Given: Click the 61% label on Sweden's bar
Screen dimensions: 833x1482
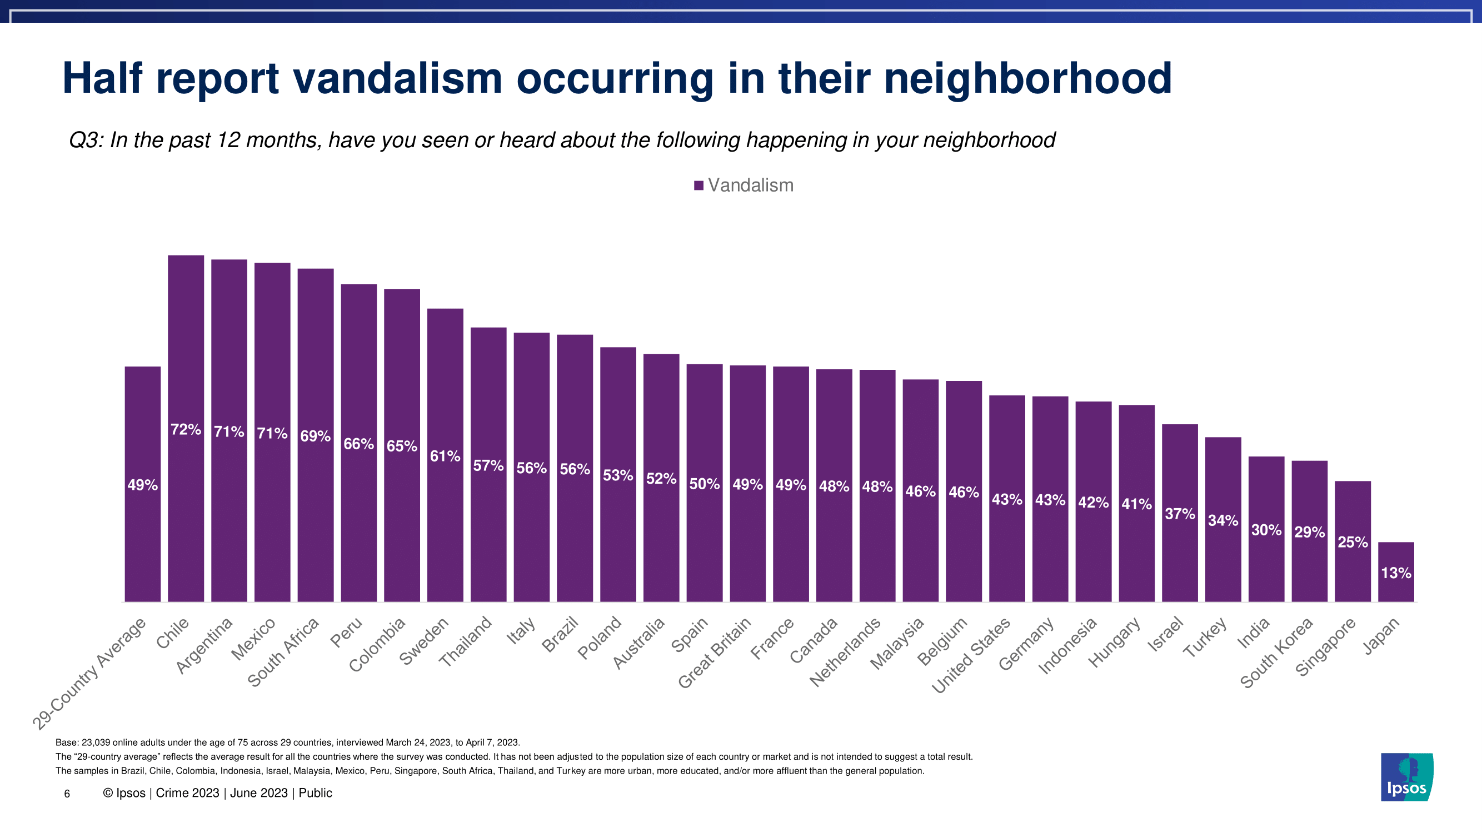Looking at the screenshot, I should pyautogui.click(x=445, y=456).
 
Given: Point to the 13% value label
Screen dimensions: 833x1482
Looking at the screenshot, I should pyautogui.click(x=1396, y=573).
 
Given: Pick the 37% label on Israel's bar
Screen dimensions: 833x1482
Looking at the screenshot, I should pyautogui.click(x=1179, y=514).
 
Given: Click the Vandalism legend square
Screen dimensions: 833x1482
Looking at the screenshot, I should pyautogui.click(x=698, y=185).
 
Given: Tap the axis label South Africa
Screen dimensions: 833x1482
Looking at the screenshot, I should pyautogui.click(x=283, y=652).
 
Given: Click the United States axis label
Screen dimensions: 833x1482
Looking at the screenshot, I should pyautogui.click(x=971, y=655).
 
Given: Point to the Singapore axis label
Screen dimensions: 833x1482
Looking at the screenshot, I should pyautogui.click(x=1325, y=647).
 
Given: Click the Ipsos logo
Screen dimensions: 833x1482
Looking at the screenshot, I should pyautogui.click(x=1406, y=777).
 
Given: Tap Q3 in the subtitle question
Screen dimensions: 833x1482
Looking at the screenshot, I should pyautogui.click(x=86, y=140).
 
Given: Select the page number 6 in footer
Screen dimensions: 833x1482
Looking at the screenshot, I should pyautogui.click(x=67, y=794).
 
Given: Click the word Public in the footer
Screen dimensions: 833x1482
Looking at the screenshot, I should pyautogui.click(x=315, y=794).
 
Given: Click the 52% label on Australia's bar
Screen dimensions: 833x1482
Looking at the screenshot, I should pyautogui.click(x=661, y=479).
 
